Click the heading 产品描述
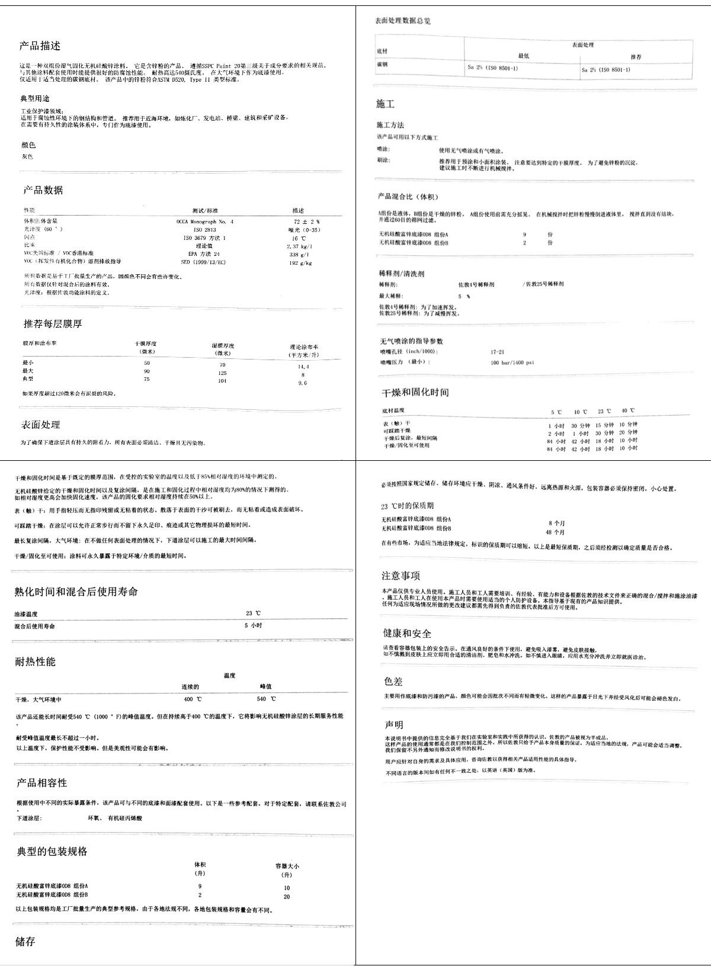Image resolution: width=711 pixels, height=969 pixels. coord(40,46)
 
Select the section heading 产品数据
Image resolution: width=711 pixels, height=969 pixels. coord(43,190)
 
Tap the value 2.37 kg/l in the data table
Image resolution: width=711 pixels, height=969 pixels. coord(299,246)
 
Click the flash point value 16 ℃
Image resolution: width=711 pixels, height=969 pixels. coord(299,238)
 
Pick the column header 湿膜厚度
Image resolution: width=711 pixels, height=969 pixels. coord(223,345)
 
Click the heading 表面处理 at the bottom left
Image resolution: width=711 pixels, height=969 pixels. coord(41,425)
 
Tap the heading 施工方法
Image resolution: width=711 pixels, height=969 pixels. coord(390,125)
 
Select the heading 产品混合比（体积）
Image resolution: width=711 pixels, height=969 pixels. coord(408,197)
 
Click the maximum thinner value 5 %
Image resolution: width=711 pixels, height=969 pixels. coord(464,296)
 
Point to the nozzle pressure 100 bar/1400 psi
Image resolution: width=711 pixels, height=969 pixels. coord(512,362)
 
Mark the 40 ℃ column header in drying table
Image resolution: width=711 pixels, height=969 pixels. coord(627,411)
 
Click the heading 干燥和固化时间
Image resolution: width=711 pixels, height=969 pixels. coord(415,393)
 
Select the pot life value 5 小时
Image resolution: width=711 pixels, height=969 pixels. coord(254,625)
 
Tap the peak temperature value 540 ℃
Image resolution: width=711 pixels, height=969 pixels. coord(266,700)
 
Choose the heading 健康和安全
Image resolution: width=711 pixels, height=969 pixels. coord(407,634)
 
